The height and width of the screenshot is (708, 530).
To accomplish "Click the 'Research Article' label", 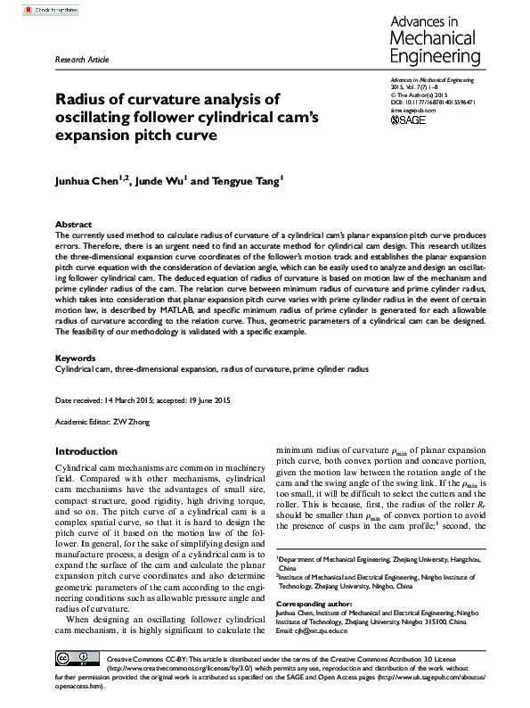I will (82, 60).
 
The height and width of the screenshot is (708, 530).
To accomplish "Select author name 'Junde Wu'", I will (161, 180).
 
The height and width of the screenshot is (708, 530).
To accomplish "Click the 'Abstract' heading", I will (73, 224).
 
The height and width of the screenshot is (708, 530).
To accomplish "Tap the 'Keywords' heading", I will (75, 358).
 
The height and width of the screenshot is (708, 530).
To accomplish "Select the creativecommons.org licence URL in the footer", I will (178, 667).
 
